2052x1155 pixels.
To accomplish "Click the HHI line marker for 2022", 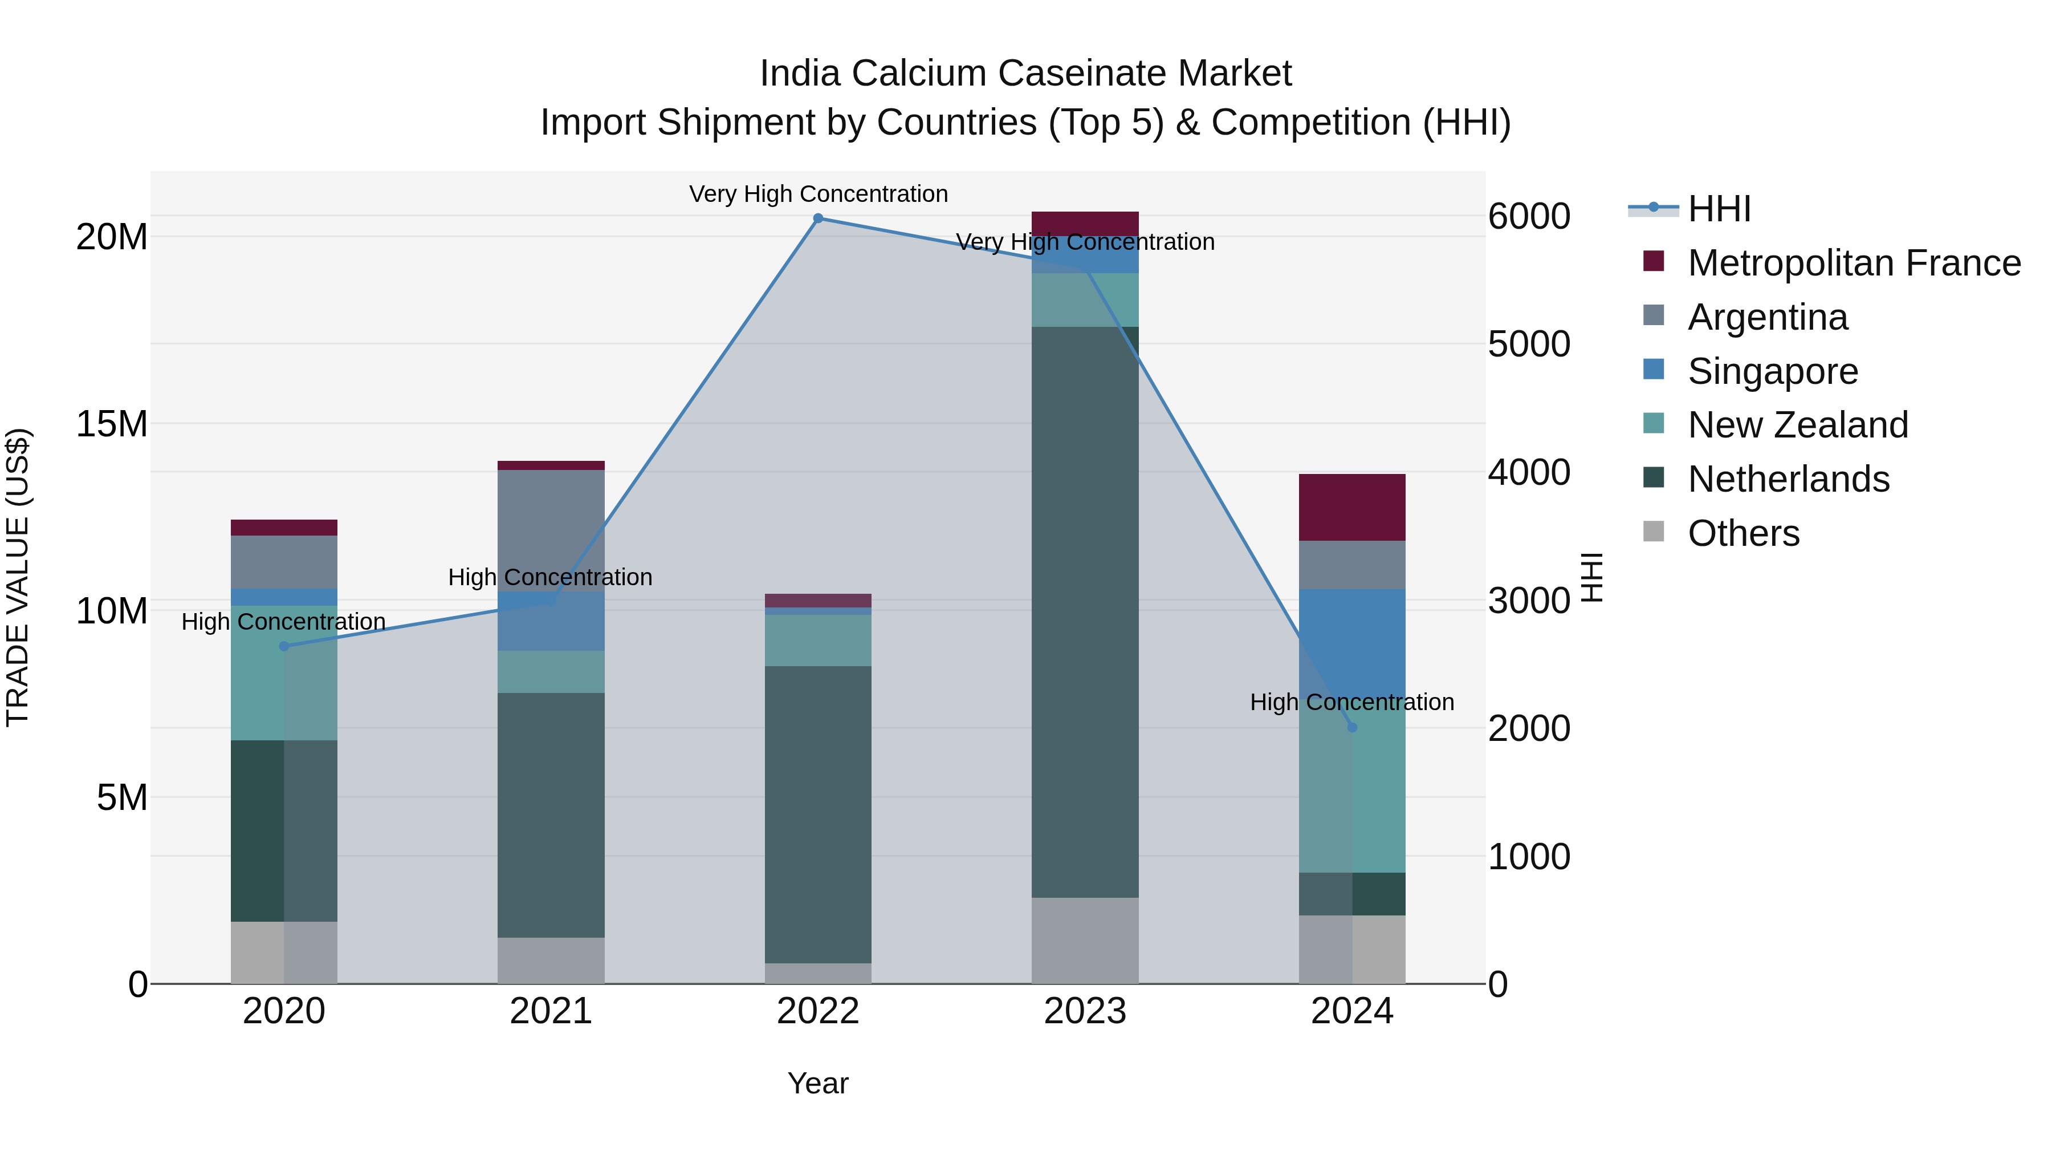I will click(818, 218).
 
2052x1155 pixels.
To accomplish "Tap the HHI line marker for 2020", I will click(284, 646).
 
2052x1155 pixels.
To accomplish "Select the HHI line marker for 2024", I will click(1352, 728).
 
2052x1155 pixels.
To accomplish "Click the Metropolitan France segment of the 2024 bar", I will click(1352, 508).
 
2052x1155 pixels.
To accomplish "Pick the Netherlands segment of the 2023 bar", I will click(1085, 612).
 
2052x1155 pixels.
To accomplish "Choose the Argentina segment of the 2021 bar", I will click(551, 530).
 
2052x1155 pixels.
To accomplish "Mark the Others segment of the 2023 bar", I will click(1085, 941).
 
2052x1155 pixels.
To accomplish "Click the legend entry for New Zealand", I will click(1797, 425).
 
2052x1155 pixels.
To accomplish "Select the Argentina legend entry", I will click(1767, 317).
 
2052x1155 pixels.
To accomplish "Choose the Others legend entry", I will click(1743, 533).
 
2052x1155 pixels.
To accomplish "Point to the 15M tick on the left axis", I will click(112, 424).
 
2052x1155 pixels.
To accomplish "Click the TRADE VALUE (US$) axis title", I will click(18, 577).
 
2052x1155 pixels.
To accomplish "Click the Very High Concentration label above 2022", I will click(818, 194).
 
